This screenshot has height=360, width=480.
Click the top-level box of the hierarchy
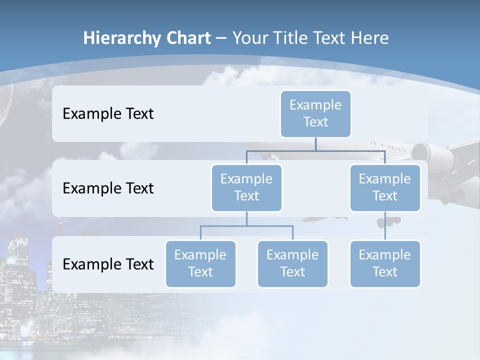click(x=315, y=113)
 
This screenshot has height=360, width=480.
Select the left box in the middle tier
click(x=246, y=187)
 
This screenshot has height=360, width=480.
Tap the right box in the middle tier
click(x=385, y=187)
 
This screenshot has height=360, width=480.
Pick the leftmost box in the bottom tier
click(x=200, y=263)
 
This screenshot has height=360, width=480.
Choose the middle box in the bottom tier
click(x=292, y=263)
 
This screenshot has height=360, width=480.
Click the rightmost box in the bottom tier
click(x=385, y=263)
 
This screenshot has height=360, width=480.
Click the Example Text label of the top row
click(x=108, y=114)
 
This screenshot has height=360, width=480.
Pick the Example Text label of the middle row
click(x=108, y=188)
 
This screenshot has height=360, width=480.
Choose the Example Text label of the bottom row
click(x=108, y=264)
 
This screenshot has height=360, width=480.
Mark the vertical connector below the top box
click(x=315, y=144)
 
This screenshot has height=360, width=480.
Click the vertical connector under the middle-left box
click(x=246, y=219)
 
